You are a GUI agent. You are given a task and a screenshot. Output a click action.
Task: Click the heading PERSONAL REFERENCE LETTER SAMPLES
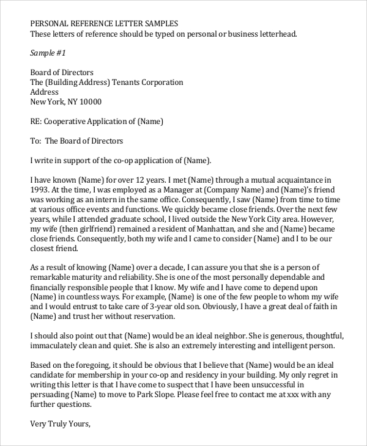pyautogui.click(x=105, y=23)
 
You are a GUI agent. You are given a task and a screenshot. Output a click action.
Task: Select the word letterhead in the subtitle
pyautogui.click(x=276, y=34)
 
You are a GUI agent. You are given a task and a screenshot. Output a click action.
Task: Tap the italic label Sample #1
pyautogui.click(x=48, y=53)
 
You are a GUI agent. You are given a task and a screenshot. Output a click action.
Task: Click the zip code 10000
pyautogui.click(x=89, y=102)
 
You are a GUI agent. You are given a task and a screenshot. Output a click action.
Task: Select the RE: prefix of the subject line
pyautogui.click(x=37, y=122)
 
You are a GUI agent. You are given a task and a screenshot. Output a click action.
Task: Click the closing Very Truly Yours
pyautogui.click(x=60, y=423)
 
